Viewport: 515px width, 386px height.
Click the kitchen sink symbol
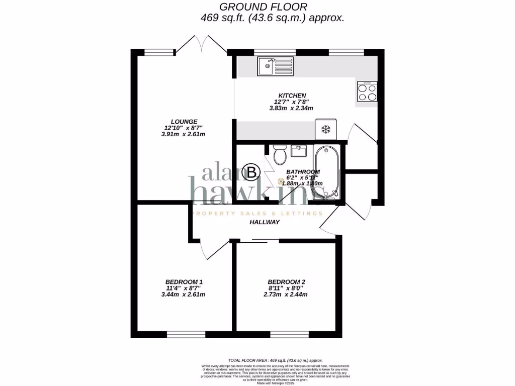point(275,66)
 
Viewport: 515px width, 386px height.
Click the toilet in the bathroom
point(280,153)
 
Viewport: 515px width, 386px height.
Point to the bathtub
point(327,172)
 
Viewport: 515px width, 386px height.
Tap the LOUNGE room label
point(184,121)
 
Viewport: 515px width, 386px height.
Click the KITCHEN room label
point(292,95)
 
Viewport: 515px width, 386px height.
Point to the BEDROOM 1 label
point(184,281)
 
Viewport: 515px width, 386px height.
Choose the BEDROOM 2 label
point(286,281)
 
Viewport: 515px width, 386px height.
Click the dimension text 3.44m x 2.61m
point(184,295)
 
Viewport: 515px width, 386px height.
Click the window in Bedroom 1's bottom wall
point(186,334)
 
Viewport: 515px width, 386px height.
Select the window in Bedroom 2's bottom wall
point(289,334)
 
